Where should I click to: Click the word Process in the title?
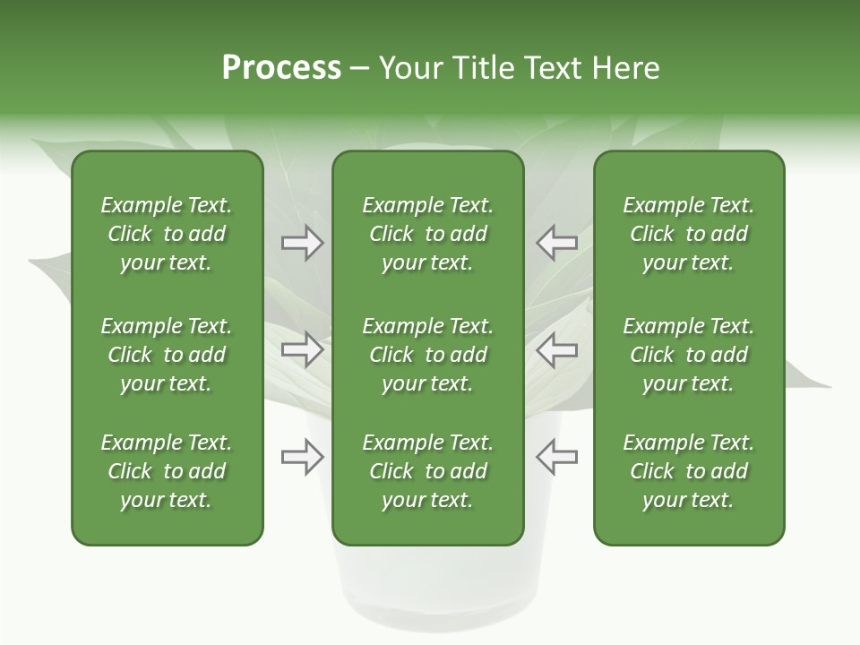tap(281, 68)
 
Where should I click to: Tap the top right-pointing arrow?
tap(302, 243)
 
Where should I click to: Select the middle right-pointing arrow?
tap(302, 349)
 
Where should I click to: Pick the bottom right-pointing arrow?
tap(302, 457)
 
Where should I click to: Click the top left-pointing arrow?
tap(557, 243)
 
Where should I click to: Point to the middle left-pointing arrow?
tap(557, 349)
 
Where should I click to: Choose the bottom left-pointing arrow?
tap(557, 457)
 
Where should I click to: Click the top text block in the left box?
tap(167, 234)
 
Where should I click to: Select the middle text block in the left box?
tap(167, 355)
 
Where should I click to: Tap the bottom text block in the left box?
tap(167, 471)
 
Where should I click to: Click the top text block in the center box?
tap(427, 234)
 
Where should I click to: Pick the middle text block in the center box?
tap(427, 355)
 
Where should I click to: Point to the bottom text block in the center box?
tap(427, 471)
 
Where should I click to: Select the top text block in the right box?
tap(688, 234)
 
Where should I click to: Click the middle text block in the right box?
tap(688, 355)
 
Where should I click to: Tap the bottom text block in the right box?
tap(688, 471)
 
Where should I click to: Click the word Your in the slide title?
tap(409, 68)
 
